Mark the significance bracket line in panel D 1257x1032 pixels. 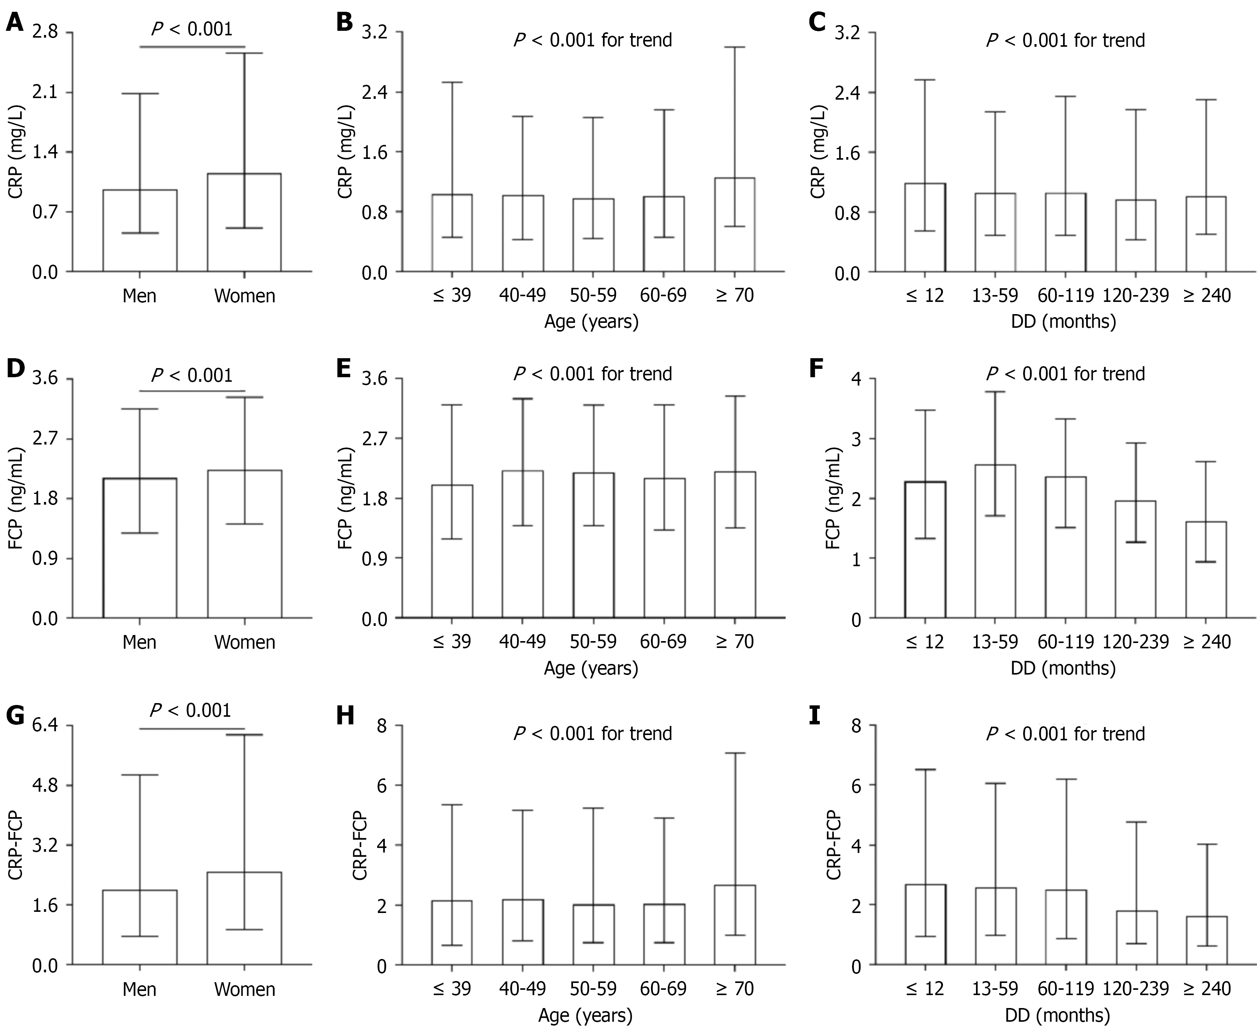click(x=192, y=391)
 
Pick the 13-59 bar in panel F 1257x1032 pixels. click(x=995, y=541)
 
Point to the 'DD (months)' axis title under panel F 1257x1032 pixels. click(x=1063, y=668)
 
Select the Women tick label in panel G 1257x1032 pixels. click(x=244, y=989)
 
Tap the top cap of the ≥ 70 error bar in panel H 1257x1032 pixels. click(x=735, y=753)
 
